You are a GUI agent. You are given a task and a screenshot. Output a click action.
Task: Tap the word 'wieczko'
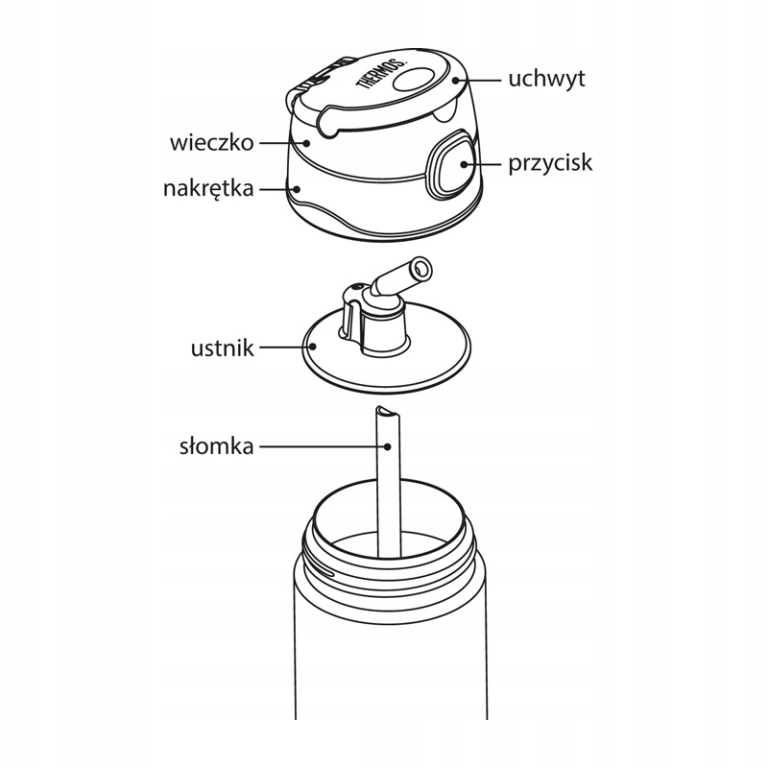click(210, 143)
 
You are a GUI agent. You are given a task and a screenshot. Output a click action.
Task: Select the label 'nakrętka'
click(207, 188)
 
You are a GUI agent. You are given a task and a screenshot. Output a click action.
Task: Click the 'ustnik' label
click(222, 347)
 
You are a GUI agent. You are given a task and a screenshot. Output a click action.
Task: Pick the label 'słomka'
click(216, 446)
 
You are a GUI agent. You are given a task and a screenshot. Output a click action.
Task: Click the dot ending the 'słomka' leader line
click(386, 446)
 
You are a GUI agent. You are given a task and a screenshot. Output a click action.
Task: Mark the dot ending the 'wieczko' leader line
click(305, 143)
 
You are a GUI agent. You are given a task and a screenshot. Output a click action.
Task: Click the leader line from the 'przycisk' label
click(485, 163)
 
